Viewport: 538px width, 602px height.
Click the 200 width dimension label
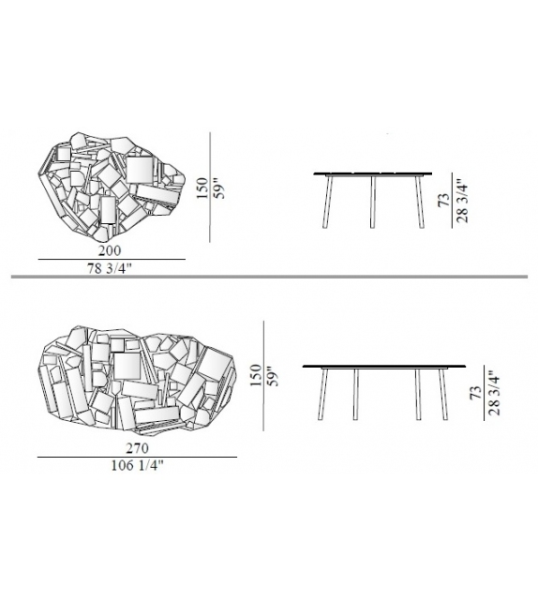(x=112, y=251)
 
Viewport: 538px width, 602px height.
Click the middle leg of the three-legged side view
(x=372, y=202)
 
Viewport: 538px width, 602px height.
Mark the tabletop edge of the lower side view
(x=385, y=365)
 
